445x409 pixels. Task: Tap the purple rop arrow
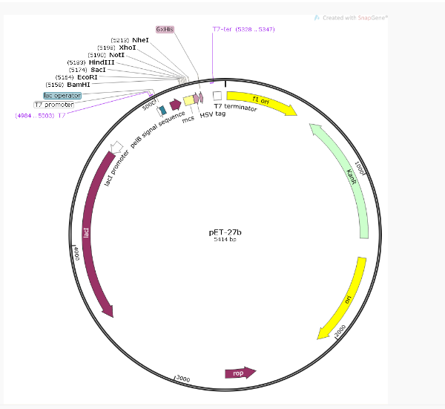(240, 372)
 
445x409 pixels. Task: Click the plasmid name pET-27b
(225, 232)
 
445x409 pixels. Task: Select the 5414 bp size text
(225, 240)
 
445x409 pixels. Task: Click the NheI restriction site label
(141, 39)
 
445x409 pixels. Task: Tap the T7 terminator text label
(236, 108)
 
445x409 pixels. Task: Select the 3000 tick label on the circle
(182, 379)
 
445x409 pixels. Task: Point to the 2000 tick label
(341, 330)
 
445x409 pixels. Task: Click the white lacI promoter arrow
(116, 147)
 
